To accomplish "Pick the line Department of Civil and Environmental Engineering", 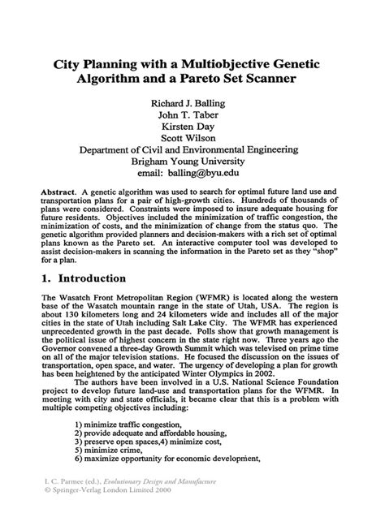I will (192, 150).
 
